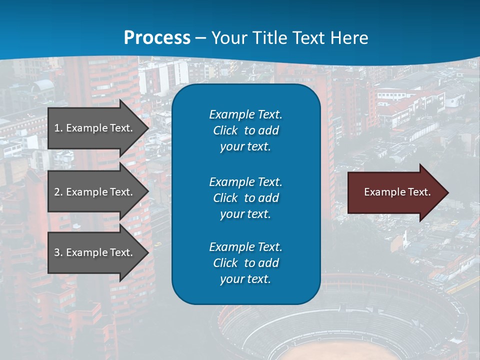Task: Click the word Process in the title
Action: click(x=157, y=38)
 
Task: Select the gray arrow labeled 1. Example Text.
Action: click(x=95, y=128)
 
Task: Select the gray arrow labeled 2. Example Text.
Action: click(x=95, y=192)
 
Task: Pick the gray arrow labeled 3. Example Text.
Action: click(x=95, y=252)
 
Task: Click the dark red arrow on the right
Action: click(x=395, y=192)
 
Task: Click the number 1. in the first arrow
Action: click(x=58, y=128)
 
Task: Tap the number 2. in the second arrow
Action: click(x=58, y=192)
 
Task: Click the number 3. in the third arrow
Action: click(x=58, y=252)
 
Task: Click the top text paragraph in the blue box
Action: click(x=245, y=130)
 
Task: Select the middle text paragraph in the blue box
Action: click(x=245, y=197)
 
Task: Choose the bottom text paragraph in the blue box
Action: click(x=245, y=263)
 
